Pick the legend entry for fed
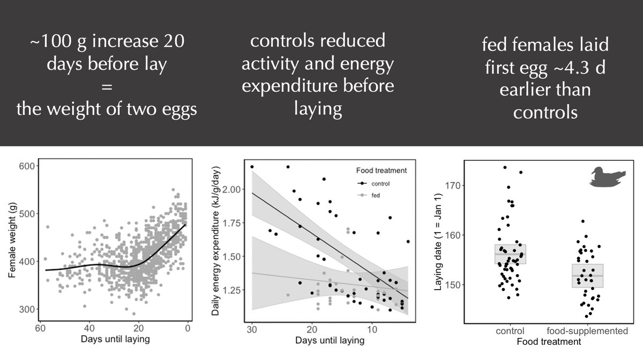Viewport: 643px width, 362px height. [370, 196]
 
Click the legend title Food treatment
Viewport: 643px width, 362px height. [381, 171]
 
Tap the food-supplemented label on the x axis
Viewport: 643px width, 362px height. [587, 331]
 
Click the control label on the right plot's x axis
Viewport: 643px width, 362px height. [510, 331]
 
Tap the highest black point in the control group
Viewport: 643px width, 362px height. [505, 168]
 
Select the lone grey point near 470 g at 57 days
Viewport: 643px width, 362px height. [47, 227]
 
